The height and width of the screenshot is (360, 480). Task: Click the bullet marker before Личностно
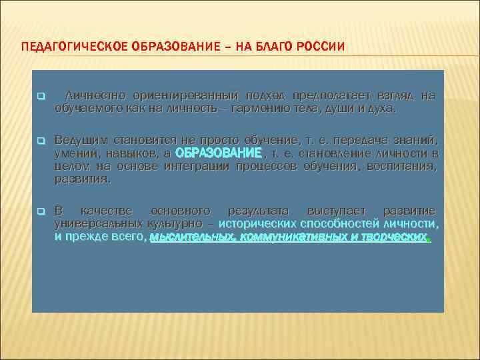click(40, 97)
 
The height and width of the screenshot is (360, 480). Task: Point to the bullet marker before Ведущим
click(40, 141)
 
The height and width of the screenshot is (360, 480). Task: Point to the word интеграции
click(199, 166)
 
